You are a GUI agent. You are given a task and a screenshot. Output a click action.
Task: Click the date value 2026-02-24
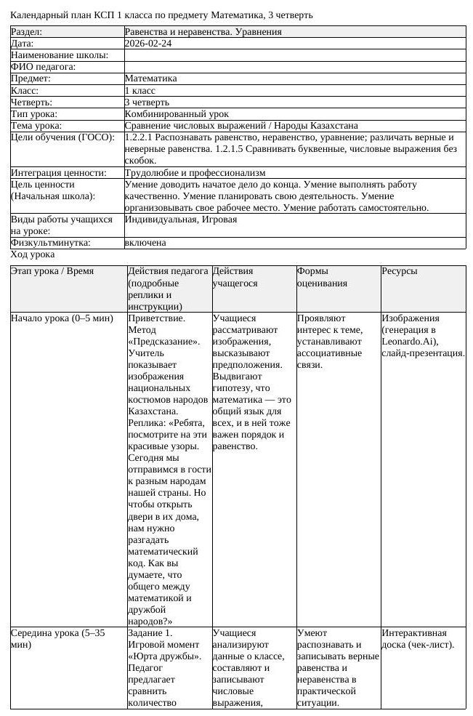click(x=148, y=44)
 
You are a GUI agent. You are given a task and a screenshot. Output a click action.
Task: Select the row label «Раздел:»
click(x=27, y=32)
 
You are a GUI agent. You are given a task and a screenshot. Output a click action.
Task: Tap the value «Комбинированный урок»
click(x=177, y=114)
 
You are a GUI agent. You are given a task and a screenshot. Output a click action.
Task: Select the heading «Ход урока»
click(x=32, y=255)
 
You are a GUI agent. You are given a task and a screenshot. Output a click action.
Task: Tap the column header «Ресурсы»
click(x=399, y=271)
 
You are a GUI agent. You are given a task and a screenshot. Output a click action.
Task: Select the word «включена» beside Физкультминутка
click(x=145, y=243)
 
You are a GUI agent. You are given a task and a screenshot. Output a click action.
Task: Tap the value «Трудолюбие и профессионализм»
click(x=195, y=173)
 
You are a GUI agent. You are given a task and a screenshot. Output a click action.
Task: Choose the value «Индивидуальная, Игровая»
click(x=181, y=219)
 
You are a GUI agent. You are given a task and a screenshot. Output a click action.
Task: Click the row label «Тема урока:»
click(x=36, y=126)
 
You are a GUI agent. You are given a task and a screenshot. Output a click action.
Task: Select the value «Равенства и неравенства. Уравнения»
click(x=203, y=32)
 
